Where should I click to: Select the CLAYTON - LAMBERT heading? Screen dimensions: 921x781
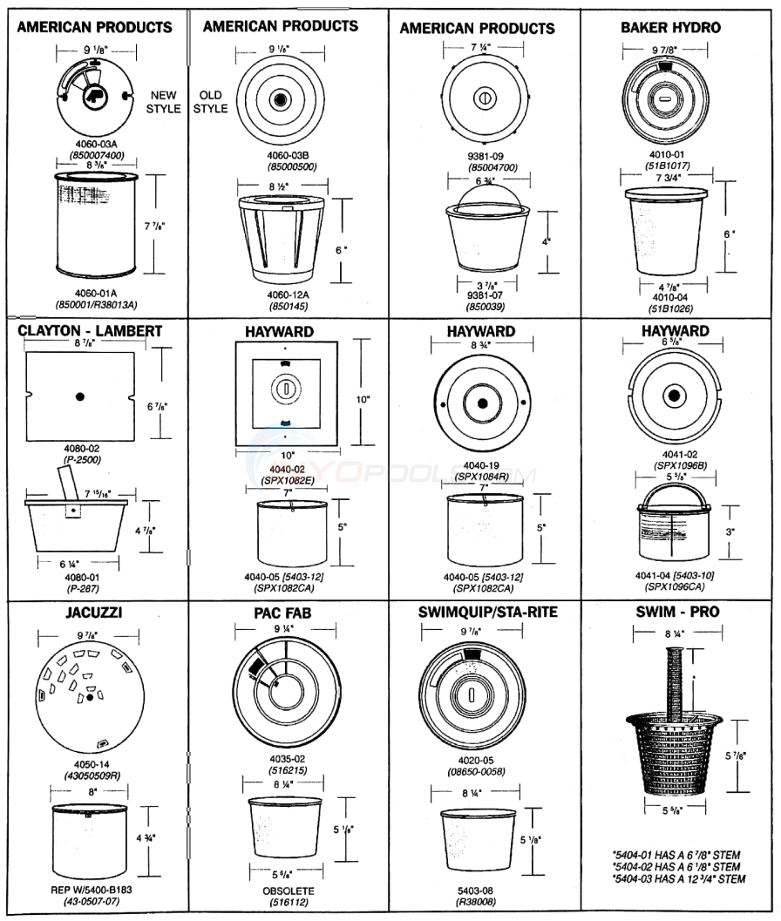(90, 331)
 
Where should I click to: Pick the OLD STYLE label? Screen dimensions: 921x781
(210, 102)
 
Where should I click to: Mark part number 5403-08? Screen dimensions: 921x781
(474, 891)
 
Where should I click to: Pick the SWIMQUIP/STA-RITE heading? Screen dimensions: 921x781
(487, 613)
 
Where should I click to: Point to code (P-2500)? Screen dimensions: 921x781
(81, 457)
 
